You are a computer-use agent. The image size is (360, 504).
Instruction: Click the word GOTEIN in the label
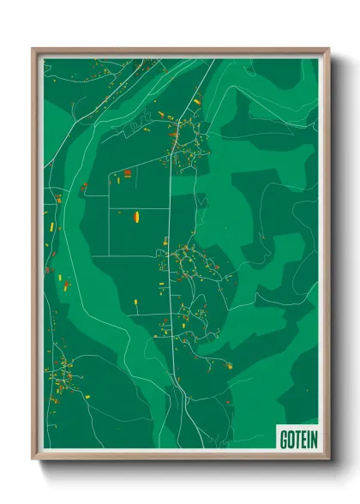[298, 440]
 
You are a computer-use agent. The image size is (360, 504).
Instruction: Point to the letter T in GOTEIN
[298, 440]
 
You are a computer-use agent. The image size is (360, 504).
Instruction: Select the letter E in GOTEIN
[304, 440]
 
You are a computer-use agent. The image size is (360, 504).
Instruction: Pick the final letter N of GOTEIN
[314, 440]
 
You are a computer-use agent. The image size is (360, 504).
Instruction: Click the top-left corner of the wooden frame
[33, 49]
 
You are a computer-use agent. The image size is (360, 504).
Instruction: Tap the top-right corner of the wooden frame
[329, 49]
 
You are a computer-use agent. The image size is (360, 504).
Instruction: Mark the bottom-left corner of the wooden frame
[33, 459]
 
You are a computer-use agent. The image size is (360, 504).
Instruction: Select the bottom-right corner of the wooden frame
[329, 459]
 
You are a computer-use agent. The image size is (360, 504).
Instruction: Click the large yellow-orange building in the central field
[135, 218]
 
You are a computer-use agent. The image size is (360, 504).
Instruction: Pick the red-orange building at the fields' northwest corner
[127, 173]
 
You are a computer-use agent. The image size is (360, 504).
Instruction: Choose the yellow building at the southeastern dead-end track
[230, 365]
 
